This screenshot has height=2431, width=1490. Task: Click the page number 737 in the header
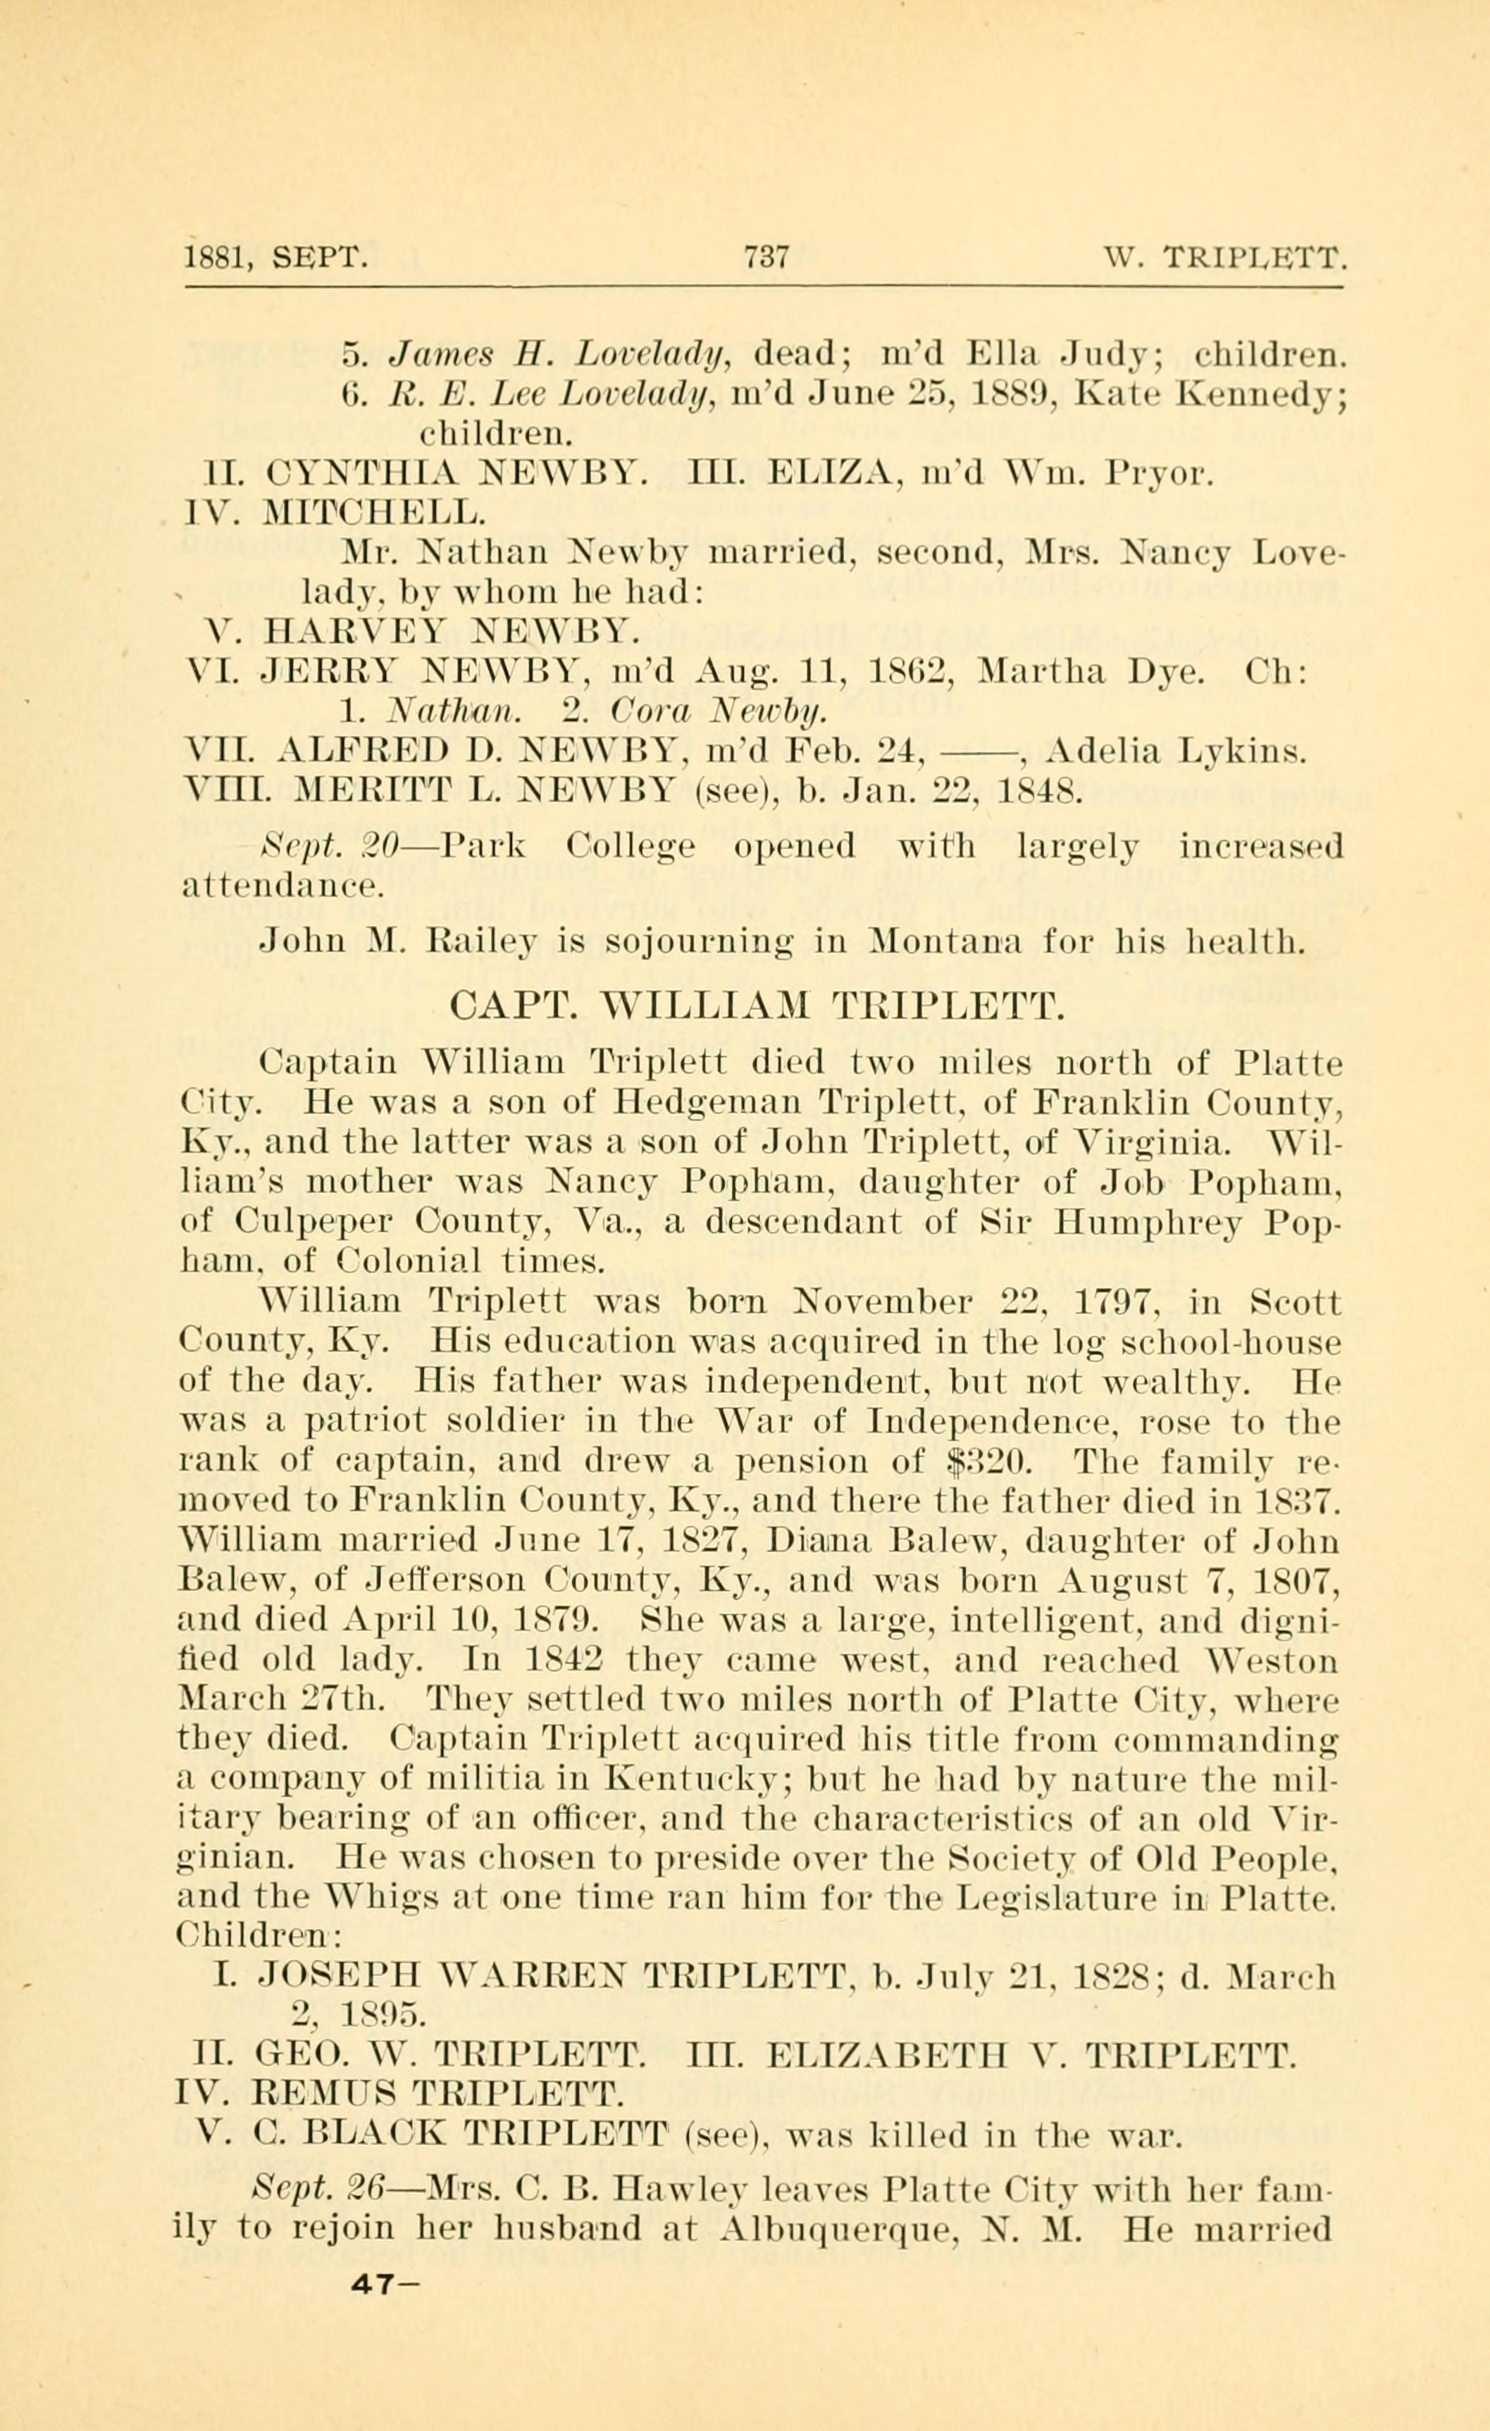(766, 258)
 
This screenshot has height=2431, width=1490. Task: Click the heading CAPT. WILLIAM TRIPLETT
(757, 1007)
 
